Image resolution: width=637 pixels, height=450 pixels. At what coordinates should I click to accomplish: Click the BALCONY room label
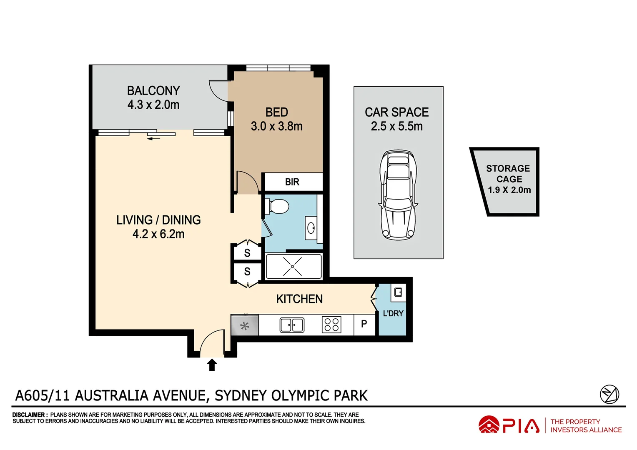[153, 90]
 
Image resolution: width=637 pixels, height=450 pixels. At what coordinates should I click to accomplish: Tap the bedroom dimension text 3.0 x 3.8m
[276, 126]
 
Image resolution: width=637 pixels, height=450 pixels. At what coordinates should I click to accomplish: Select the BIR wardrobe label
[292, 182]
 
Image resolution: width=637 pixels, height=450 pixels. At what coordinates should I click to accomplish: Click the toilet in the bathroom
[278, 206]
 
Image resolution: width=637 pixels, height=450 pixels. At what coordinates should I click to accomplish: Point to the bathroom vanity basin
[311, 228]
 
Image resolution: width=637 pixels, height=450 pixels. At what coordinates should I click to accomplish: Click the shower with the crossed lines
[293, 266]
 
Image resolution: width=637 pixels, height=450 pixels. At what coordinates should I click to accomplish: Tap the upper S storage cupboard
[247, 253]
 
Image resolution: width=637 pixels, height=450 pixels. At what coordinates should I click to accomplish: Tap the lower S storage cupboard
[247, 272]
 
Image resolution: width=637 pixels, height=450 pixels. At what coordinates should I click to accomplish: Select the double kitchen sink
[292, 325]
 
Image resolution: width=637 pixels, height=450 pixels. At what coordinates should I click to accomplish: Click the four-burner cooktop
[331, 325]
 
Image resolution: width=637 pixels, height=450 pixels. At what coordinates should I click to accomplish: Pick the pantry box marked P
[364, 324]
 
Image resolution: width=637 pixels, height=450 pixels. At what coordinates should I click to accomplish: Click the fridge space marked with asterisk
[245, 326]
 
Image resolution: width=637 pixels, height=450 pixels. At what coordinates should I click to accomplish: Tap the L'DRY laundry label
[393, 313]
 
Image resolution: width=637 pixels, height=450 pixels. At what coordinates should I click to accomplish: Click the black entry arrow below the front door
[212, 365]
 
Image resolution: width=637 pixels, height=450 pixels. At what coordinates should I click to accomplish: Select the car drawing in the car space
[398, 195]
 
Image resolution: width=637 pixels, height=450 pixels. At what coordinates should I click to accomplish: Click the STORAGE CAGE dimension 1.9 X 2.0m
[509, 190]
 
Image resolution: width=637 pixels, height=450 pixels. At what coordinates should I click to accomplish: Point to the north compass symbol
[609, 394]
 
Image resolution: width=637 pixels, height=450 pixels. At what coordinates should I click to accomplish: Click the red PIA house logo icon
[489, 425]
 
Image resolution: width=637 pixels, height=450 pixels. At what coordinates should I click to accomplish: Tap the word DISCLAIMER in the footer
[30, 415]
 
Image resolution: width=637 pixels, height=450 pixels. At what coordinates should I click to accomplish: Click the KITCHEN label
[299, 299]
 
